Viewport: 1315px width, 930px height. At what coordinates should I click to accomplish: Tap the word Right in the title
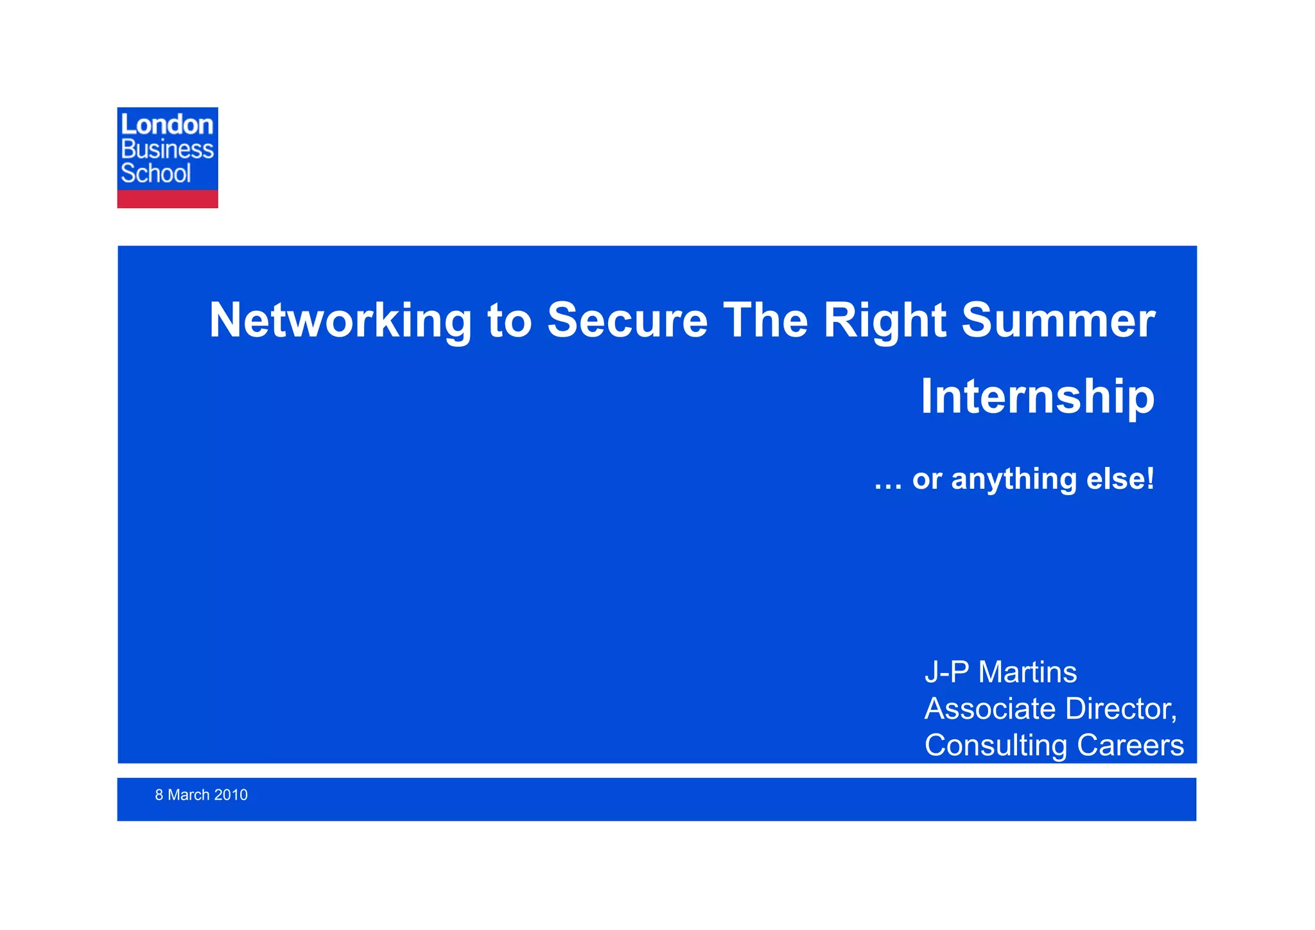click(x=884, y=320)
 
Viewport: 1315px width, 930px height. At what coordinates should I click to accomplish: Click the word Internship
click(x=1038, y=398)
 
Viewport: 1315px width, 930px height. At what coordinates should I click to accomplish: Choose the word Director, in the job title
click(x=1121, y=709)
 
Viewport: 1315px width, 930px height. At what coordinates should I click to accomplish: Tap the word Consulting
click(x=997, y=746)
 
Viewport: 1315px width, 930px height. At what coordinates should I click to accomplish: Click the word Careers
click(x=1130, y=746)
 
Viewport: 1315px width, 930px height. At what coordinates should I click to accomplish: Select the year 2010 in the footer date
click(x=231, y=795)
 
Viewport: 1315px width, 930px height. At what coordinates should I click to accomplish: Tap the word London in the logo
click(x=167, y=125)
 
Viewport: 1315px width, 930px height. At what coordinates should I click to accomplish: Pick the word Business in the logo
click(x=167, y=150)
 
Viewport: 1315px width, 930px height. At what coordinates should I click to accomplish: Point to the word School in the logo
click(x=156, y=174)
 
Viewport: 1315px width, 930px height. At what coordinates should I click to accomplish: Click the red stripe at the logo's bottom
click(x=167, y=199)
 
